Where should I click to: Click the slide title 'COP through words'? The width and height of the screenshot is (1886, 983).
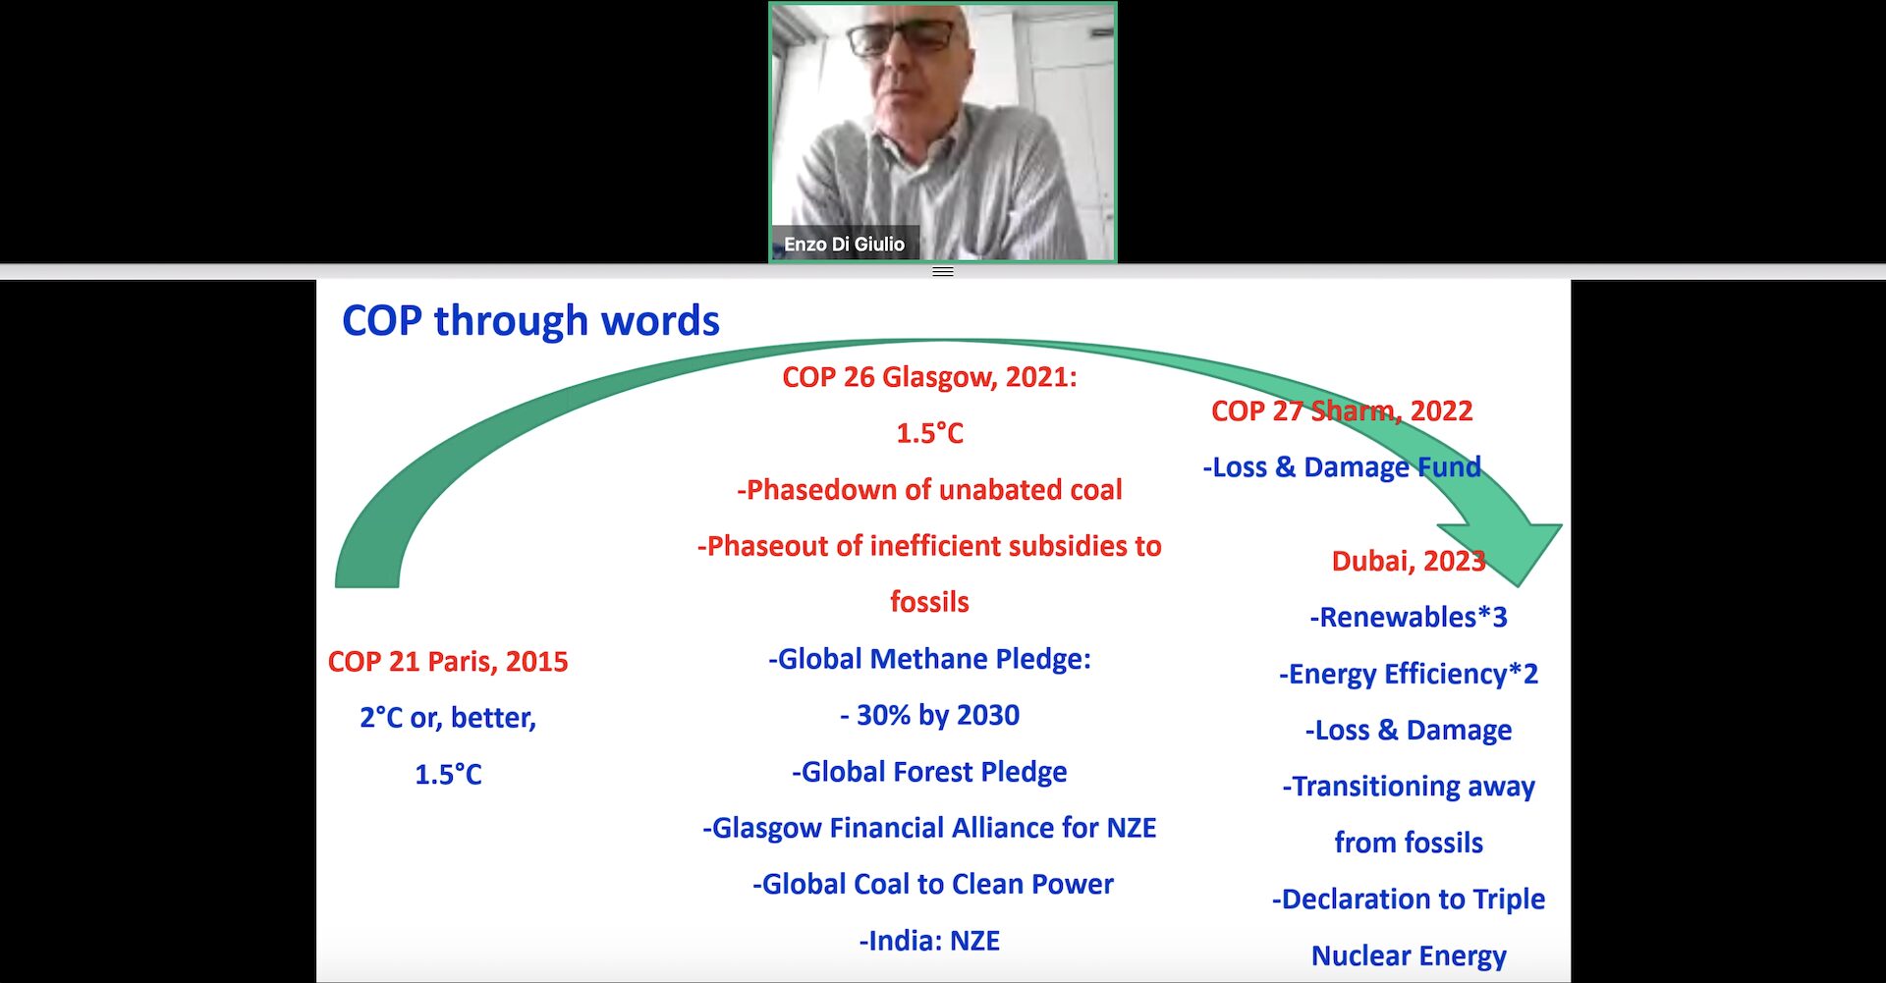pos(530,321)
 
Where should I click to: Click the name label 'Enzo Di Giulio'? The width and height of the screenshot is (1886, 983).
pos(844,244)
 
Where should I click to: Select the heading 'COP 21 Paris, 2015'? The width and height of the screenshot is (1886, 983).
pos(448,661)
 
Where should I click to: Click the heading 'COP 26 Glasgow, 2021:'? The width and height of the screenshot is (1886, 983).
pos(929,377)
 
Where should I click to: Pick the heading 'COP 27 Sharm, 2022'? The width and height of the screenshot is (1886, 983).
pos(1342,410)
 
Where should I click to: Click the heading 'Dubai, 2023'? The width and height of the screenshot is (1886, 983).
pos(1409,561)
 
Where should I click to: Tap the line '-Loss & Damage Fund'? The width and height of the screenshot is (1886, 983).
pos(1342,467)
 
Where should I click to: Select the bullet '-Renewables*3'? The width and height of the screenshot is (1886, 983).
pos(1409,617)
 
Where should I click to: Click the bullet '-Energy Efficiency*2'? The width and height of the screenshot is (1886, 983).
pos(1409,674)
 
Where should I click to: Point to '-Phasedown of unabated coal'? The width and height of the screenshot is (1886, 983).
pos(929,490)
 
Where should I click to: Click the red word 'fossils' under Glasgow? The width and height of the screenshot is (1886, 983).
pos(929,602)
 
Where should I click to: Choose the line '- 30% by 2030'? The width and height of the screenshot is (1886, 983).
pos(929,715)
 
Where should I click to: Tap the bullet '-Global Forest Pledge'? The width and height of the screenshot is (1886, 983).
pos(929,772)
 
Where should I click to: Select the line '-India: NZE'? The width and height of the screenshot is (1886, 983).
pos(929,941)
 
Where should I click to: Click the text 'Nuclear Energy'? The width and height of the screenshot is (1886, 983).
pos(1409,956)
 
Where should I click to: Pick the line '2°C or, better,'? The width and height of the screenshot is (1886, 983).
pos(448,718)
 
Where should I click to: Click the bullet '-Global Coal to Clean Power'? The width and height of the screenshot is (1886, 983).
pos(933,884)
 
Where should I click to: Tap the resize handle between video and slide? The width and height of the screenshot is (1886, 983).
pos(943,272)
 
